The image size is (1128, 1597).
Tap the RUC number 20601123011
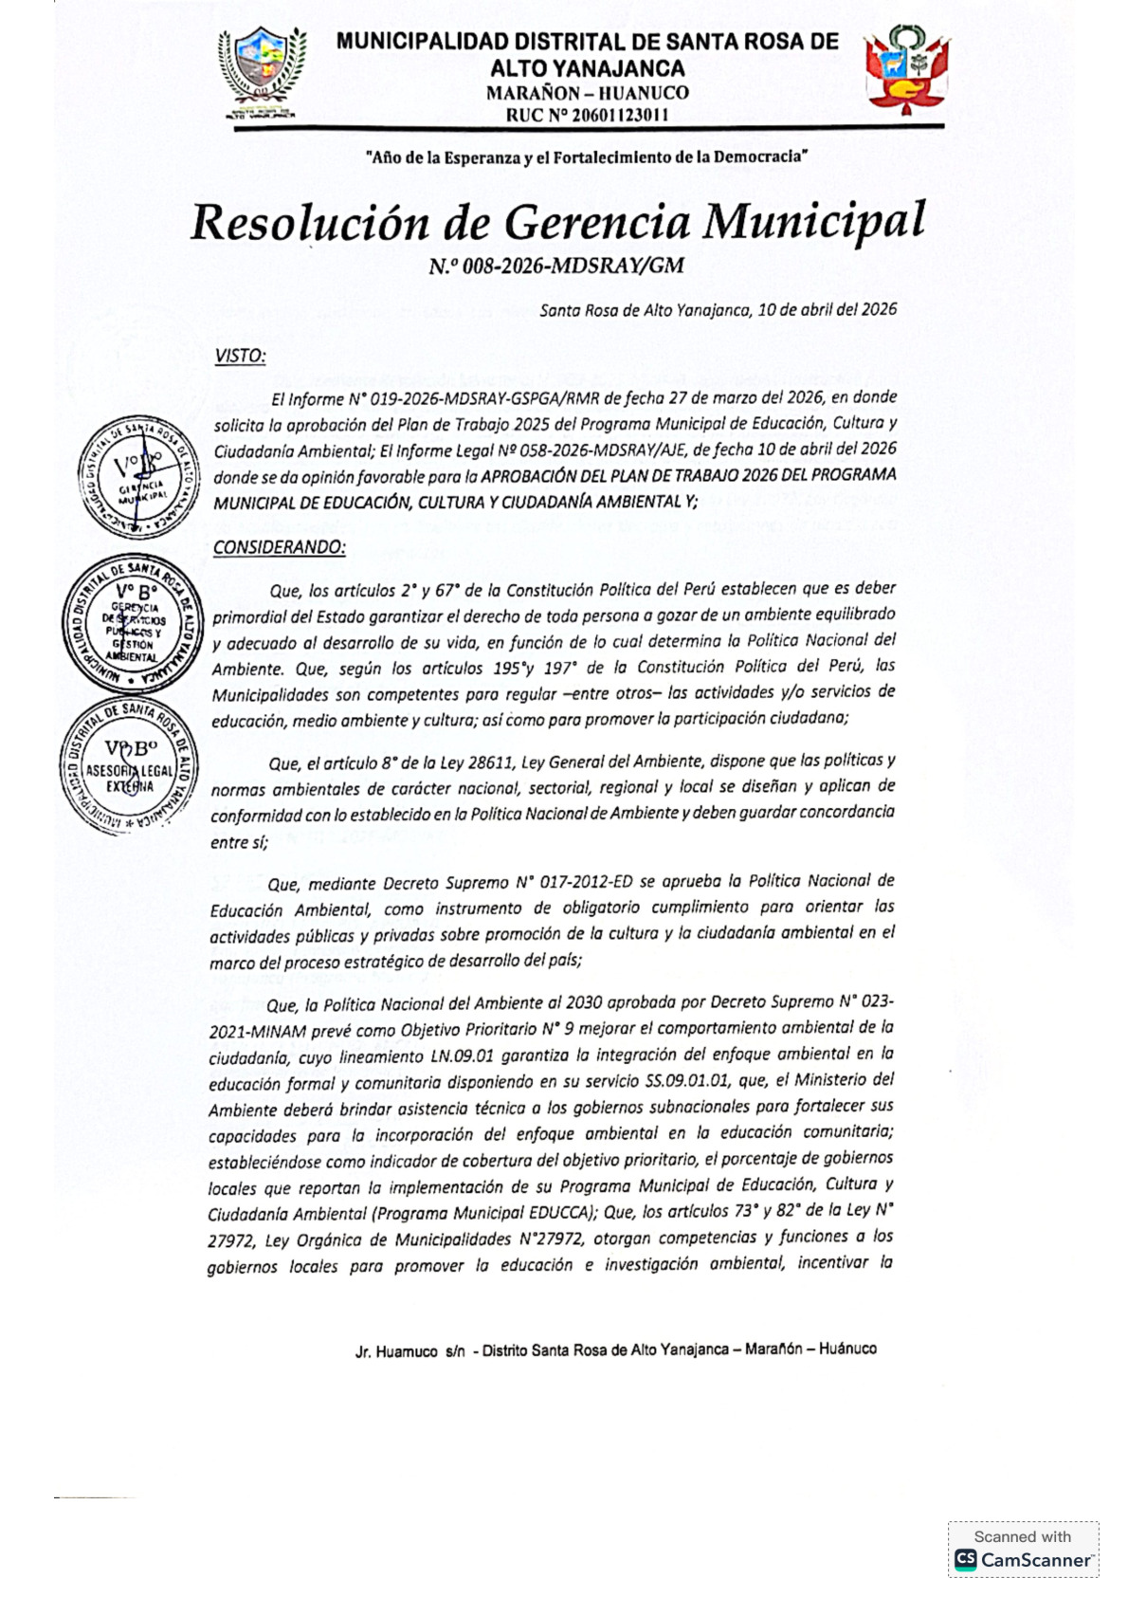(x=588, y=116)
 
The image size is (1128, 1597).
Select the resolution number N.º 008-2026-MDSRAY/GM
(x=555, y=266)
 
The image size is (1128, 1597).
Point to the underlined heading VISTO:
(x=240, y=357)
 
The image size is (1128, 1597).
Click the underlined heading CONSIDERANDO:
(x=279, y=548)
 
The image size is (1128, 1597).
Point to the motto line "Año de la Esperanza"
(x=586, y=157)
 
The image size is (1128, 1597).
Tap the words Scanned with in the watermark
(x=1022, y=1536)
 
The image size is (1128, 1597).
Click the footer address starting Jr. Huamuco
(x=615, y=1349)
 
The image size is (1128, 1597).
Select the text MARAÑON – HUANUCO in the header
(x=588, y=93)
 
